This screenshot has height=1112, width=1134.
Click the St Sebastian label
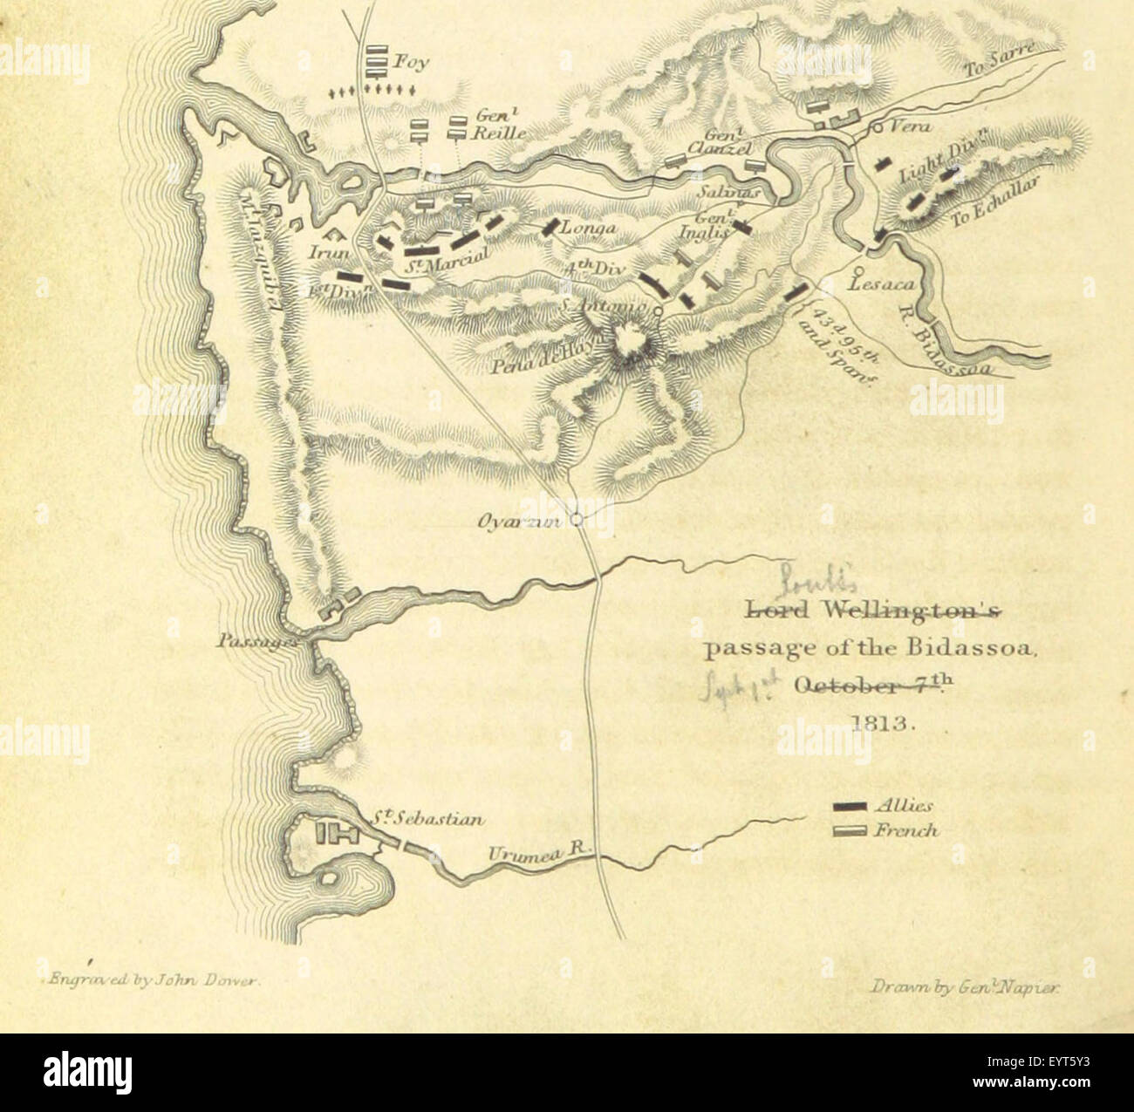pos(425,819)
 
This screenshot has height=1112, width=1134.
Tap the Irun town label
pos(328,251)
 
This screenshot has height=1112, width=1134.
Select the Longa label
pos(591,229)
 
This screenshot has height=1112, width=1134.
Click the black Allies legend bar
pos(849,805)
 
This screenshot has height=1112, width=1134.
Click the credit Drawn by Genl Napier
pos(964,986)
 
